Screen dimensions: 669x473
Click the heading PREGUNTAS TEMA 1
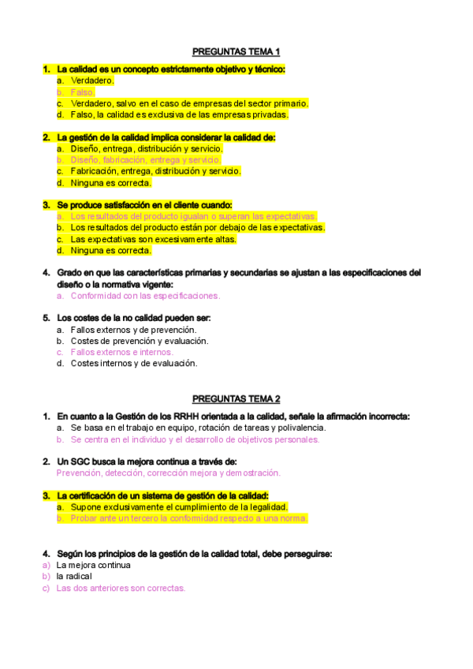pos(236,51)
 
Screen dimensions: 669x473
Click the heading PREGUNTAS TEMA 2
pos(236,399)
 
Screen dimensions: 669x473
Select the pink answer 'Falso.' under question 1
pos(83,92)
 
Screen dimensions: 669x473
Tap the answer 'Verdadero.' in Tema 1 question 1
pos(92,80)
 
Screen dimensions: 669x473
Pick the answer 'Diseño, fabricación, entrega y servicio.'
pos(146,159)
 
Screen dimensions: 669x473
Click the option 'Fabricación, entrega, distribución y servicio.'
pos(155,171)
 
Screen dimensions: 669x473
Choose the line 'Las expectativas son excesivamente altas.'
pos(153,239)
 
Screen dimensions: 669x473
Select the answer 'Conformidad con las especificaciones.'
pos(145,296)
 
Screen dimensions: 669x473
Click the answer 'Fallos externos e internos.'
pos(121,353)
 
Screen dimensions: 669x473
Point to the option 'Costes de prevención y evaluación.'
pos(140,341)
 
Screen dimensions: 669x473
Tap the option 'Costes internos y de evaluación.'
pos(134,364)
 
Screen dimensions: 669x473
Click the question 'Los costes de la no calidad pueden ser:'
pos(134,318)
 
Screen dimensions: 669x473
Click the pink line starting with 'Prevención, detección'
pos(168,473)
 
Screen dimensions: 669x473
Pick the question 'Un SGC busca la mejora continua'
pos(147,462)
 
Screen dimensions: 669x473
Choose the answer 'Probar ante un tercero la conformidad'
pos(188,518)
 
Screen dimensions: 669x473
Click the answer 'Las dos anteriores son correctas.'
pos(121,588)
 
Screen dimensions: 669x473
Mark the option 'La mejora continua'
pos(93,565)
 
